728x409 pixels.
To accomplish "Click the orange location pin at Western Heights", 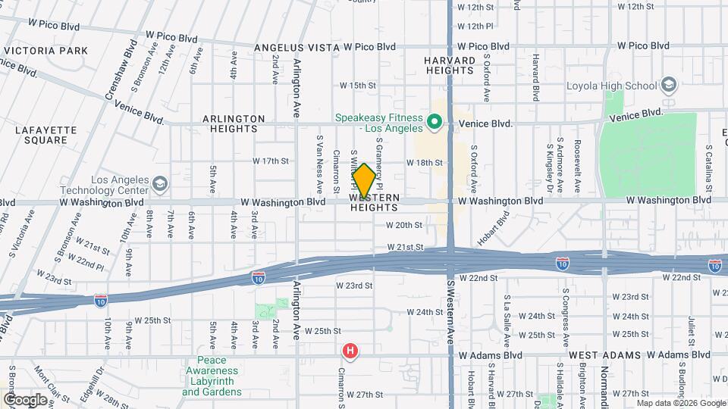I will coord(364,181).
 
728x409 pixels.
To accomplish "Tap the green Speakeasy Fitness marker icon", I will coord(435,121).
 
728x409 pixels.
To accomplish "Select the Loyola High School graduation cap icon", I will coord(668,84).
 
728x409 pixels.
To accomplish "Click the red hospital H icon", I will coord(350,351).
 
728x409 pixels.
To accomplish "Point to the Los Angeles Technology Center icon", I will coord(160,183).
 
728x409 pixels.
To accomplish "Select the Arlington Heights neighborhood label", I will coord(234,123).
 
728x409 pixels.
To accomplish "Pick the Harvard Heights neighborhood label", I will coord(450,64).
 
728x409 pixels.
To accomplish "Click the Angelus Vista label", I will coord(297,47).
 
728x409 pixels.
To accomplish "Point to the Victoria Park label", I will coord(46,51).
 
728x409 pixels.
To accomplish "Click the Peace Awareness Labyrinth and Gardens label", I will coord(212,376).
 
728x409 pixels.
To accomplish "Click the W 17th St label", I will coord(271,161).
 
